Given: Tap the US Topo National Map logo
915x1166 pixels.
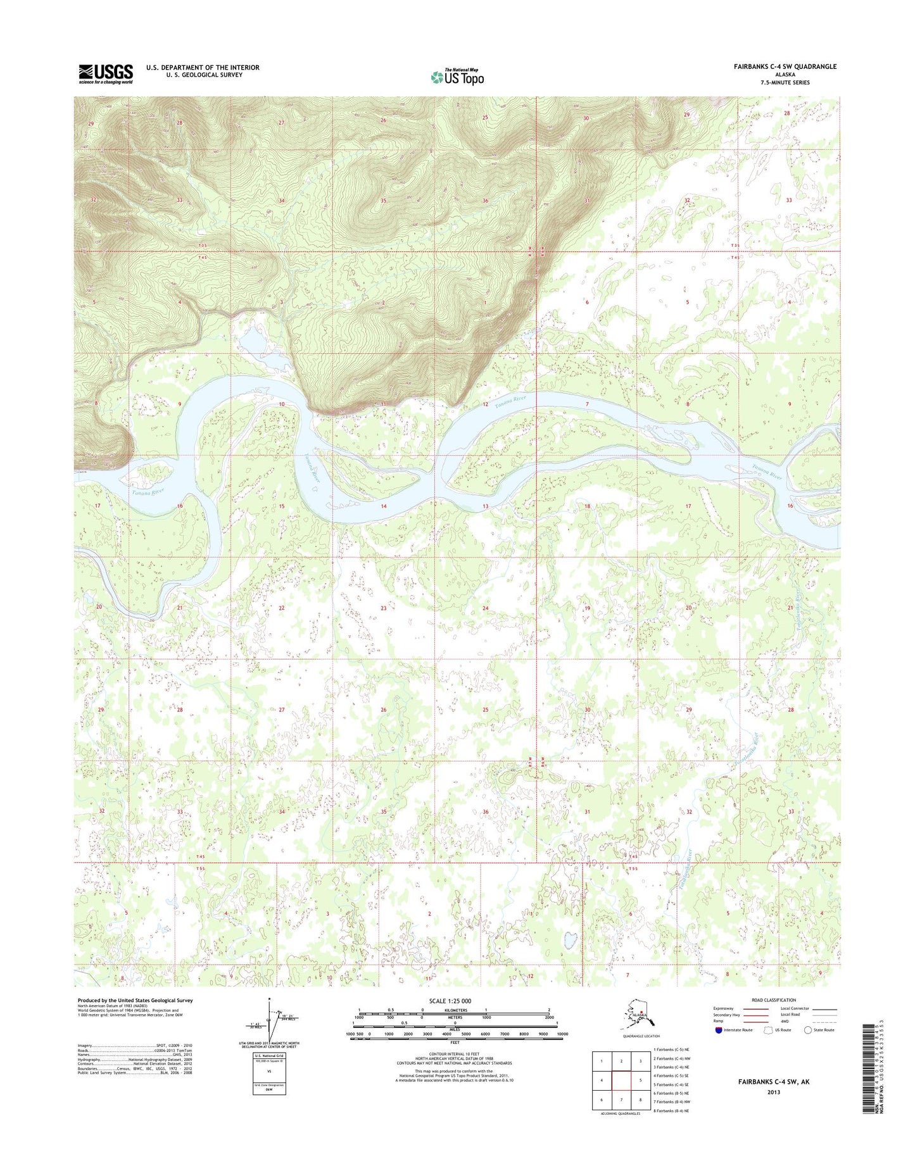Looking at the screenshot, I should pyautogui.click(x=457, y=77).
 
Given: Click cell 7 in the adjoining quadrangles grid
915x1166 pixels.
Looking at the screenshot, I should pyautogui.click(x=622, y=1100).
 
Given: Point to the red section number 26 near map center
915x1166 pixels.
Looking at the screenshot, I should pyautogui.click(x=383, y=710).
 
